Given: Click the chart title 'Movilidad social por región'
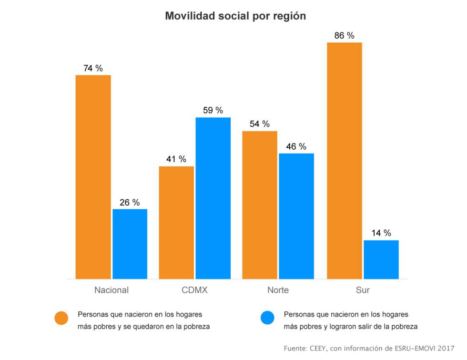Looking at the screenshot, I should tap(235, 16).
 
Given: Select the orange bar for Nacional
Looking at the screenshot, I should tap(93, 177).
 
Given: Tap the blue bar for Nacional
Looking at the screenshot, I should tap(130, 244).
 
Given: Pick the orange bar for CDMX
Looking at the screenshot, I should tap(176, 223).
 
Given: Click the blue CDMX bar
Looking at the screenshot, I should tap(213, 198).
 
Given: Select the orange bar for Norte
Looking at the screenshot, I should tap(260, 205).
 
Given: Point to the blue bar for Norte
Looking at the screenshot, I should tap(296, 216).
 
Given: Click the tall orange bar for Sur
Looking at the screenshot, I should tap(344, 161).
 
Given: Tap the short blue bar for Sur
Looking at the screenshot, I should tap(381, 259).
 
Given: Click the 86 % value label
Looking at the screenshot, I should tap(344, 36).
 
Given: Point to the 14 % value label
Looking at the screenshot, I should tap(381, 233).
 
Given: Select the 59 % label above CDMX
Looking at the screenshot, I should tap(213, 111).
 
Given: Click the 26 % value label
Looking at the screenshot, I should tap(130, 203).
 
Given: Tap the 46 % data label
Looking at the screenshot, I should tap(296, 147).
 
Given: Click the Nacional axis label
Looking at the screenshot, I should tap(112, 290).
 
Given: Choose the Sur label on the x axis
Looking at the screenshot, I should tap(362, 290).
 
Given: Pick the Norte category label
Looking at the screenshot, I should tap(278, 290).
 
